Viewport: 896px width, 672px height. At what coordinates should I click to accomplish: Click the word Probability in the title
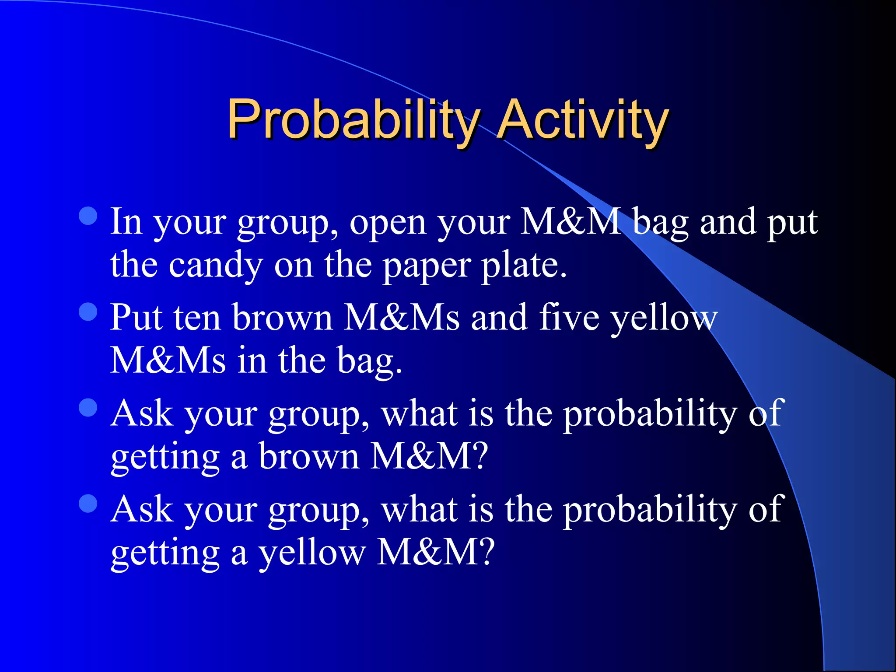(x=352, y=119)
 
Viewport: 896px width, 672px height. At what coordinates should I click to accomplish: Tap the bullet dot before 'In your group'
(x=88, y=216)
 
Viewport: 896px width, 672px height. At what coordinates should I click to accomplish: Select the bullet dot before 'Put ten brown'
(x=88, y=311)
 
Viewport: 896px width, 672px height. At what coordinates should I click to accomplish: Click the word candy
(x=216, y=265)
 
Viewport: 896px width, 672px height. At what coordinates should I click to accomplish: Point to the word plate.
(x=524, y=265)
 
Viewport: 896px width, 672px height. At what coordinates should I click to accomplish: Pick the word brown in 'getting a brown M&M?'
(x=309, y=456)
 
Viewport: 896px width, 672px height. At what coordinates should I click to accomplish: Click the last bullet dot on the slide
(x=88, y=503)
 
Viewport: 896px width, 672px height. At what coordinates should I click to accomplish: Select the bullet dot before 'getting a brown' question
(x=88, y=407)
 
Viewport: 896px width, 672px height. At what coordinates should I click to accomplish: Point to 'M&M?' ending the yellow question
(x=435, y=552)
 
